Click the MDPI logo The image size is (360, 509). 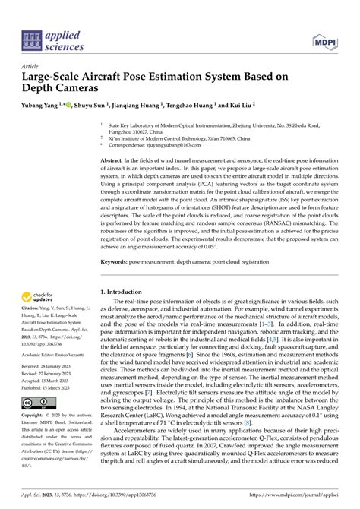pyautogui.click(x=322, y=40)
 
